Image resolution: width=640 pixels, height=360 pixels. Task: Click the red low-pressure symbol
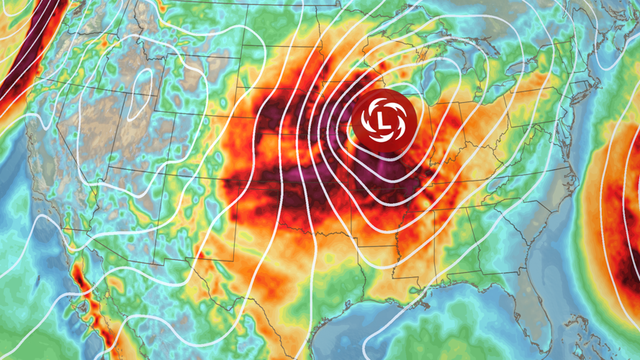point(380,120)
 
